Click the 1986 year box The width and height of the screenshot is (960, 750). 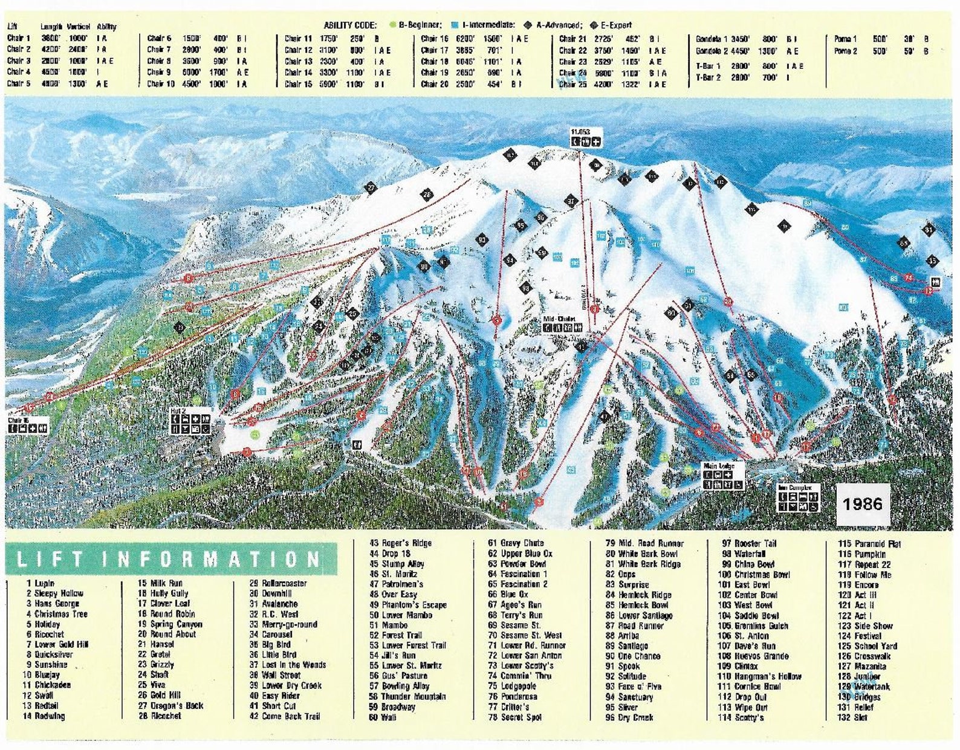click(863, 503)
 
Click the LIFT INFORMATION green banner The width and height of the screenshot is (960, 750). click(170, 559)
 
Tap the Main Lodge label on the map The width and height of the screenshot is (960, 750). click(719, 466)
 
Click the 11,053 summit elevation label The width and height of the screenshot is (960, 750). click(580, 132)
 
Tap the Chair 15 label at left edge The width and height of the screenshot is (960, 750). click(19, 420)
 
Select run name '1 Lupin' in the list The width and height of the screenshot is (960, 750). click(41, 583)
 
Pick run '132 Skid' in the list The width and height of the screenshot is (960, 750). click(852, 717)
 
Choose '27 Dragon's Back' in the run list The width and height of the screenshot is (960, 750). click(171, 706)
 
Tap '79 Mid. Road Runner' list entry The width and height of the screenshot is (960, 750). click(644, 543)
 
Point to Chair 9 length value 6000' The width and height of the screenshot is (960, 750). click(192, 73)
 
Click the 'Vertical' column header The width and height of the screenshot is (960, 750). click(79, 27)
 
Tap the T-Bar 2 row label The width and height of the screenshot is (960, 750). click(708, 77)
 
